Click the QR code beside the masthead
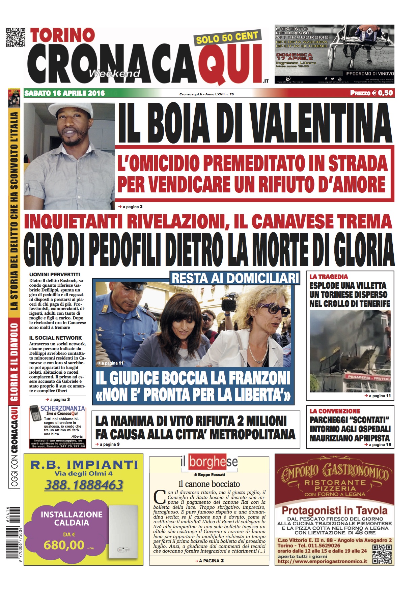(x=16, y=37)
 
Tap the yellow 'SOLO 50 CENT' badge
(x=227, y=38)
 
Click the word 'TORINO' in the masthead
(x=62, y=35)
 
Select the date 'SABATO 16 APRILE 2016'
(x=65, y=93)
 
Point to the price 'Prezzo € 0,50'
(x=371, y=93)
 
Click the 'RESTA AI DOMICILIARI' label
(x=235, y=278)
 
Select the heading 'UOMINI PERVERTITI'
(x=55, y=275)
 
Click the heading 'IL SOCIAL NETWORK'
(x=55, y=338)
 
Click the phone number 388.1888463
(x=84, y=485)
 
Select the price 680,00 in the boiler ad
(x=64, y=545)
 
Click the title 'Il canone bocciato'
(x=209, y=484)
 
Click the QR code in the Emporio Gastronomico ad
(x=382, y=554)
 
